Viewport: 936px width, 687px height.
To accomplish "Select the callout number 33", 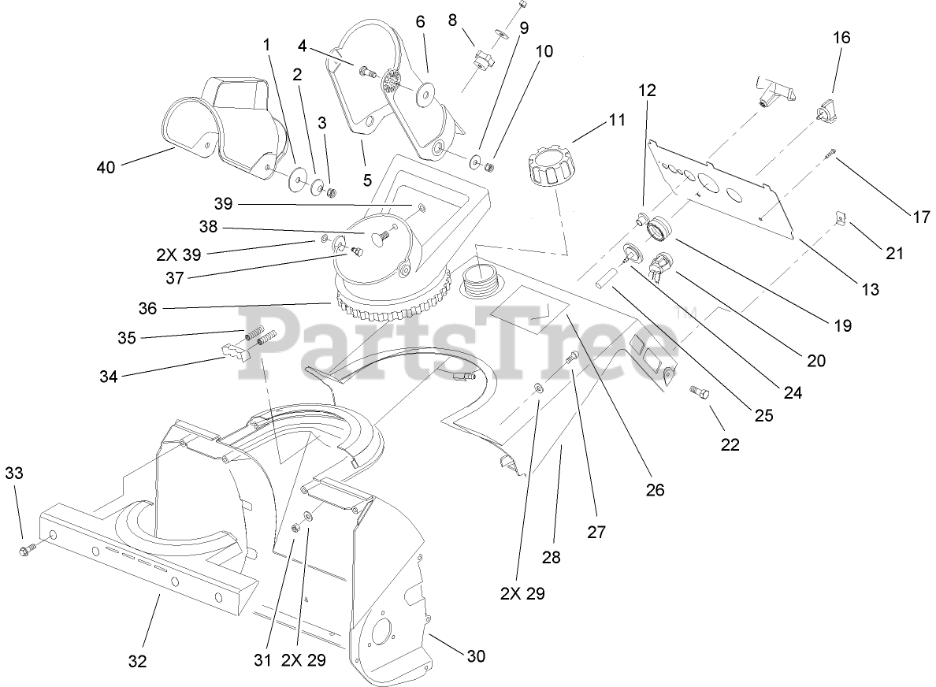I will point(14,473).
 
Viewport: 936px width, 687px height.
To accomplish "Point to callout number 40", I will point(106,167).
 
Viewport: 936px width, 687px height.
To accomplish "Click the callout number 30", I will point(476,655).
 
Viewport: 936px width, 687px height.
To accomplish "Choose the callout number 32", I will point(137,662).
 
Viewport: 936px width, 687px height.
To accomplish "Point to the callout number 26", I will point(655,489).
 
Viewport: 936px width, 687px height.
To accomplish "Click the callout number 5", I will point(367,180).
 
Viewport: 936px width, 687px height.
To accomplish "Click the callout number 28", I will point(552,557).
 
